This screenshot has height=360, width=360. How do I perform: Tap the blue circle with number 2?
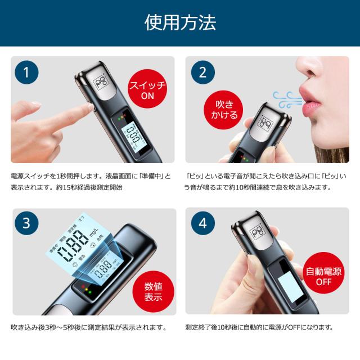(x=202, y=73)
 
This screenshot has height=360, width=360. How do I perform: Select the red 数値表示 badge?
(x=147, y=290)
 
